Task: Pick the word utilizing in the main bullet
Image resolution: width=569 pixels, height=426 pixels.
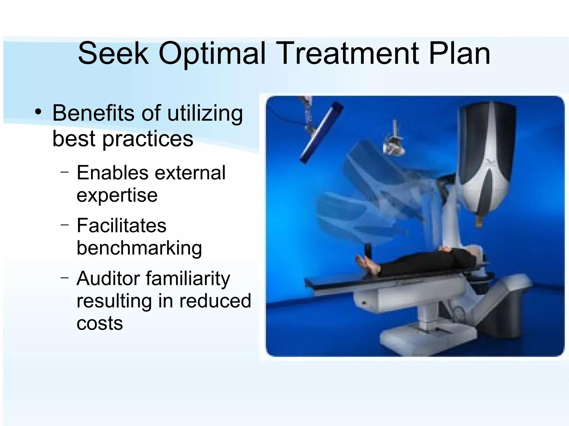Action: point(205,114)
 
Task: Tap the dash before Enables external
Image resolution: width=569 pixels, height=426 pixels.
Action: point(64,172)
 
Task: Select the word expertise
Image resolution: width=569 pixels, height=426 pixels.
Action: point(117,196)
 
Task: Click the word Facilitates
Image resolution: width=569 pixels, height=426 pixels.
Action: point(121,225)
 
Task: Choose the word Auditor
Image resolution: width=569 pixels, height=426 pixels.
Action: point(108,278)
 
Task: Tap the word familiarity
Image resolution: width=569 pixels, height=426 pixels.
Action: point(188,278)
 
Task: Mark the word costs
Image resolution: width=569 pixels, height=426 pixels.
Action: point(99,323)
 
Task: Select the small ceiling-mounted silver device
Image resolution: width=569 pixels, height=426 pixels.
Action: point(393,140)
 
